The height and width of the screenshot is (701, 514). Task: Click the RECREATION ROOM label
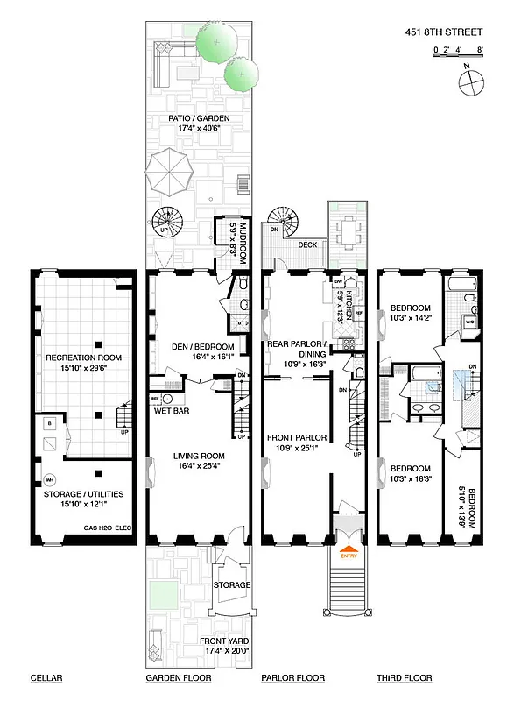pos(84,358)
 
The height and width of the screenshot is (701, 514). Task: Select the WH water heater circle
pos(50,479)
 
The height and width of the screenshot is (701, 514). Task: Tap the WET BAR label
pos(173,409)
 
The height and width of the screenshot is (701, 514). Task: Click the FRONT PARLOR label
pos(296,436)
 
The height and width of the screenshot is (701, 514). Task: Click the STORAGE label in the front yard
pos(232,584)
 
